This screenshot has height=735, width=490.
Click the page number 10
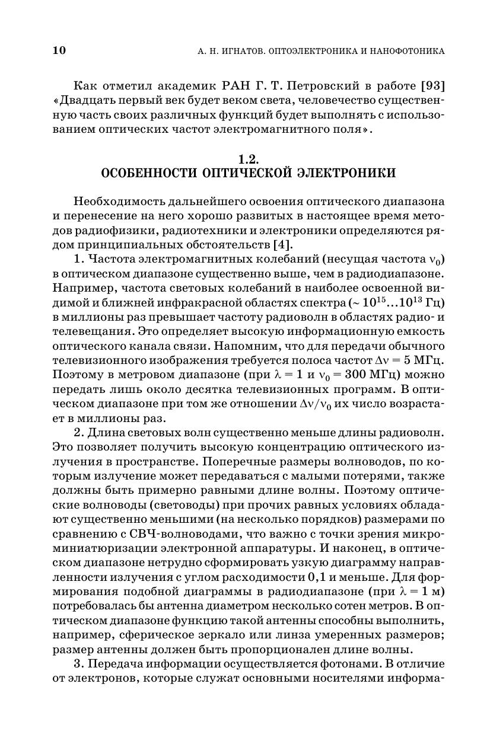[x=59, y=50]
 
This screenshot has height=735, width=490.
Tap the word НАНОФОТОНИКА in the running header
[x=406, y=51]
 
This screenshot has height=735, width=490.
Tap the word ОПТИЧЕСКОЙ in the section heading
[x=248, y=174]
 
